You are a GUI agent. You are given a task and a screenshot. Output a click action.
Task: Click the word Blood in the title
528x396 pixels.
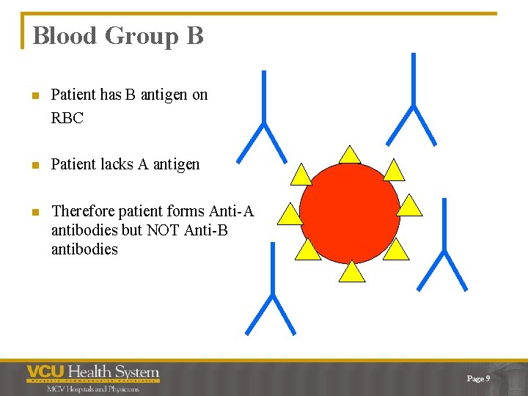[65, 36]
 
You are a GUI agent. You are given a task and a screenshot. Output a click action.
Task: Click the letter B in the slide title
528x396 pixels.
[195, 36]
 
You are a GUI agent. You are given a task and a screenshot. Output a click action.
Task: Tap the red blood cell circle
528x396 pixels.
[350, 213]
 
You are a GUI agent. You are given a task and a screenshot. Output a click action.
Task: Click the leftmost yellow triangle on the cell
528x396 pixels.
[290, 214]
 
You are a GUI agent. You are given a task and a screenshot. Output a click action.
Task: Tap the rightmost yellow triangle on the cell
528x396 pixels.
[410, 206]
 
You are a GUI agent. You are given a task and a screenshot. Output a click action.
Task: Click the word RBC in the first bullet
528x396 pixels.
[67, 117]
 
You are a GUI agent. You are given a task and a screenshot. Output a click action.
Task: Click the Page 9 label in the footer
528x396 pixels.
[478, 378]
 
